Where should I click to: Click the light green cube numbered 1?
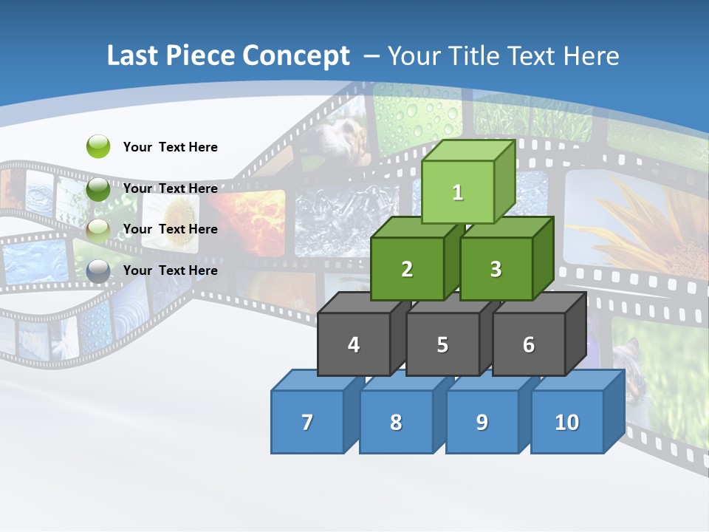coord(458,192)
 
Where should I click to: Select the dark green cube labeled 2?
coord(407,269)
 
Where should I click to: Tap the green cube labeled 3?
coord(496,269)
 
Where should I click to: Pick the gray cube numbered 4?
coord(354,344)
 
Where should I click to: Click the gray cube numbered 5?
coord(442,344)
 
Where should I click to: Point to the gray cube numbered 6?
coord(529,344)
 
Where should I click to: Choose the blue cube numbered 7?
coord(307,422)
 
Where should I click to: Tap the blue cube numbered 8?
coord(396,422)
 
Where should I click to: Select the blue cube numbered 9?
coord(482,422)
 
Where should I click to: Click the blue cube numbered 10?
coord(566,422)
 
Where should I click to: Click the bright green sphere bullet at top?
coord(98,146)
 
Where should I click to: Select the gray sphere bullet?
coord(98,270)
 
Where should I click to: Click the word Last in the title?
coord(133,56)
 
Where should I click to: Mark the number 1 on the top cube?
coord(458,193)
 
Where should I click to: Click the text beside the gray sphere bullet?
coord(171,270)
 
